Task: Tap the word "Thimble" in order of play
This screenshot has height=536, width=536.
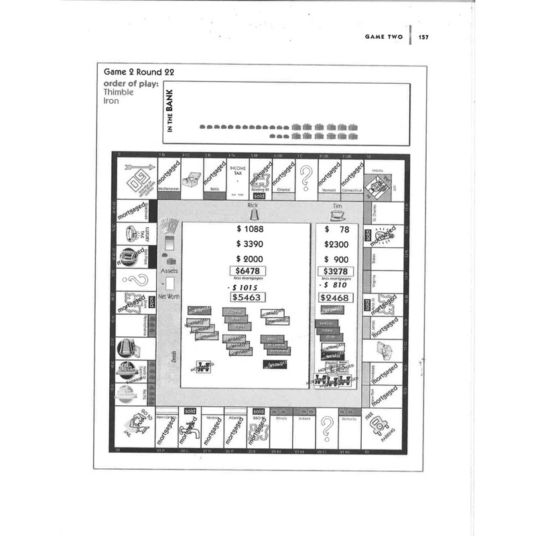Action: (119, 92)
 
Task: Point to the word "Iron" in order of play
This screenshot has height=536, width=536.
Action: (111, 101)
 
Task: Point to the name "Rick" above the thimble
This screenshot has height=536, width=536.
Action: (253, 205)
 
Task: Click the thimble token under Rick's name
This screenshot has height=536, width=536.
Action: (253, 215)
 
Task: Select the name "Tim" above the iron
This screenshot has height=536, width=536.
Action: (336, 207)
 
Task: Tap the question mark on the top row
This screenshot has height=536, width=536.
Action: (306, 178)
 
